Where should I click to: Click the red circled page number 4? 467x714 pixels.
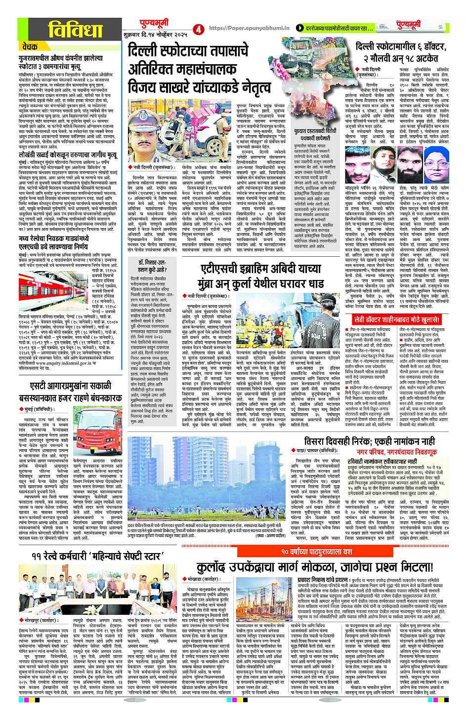tap(199, 29)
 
